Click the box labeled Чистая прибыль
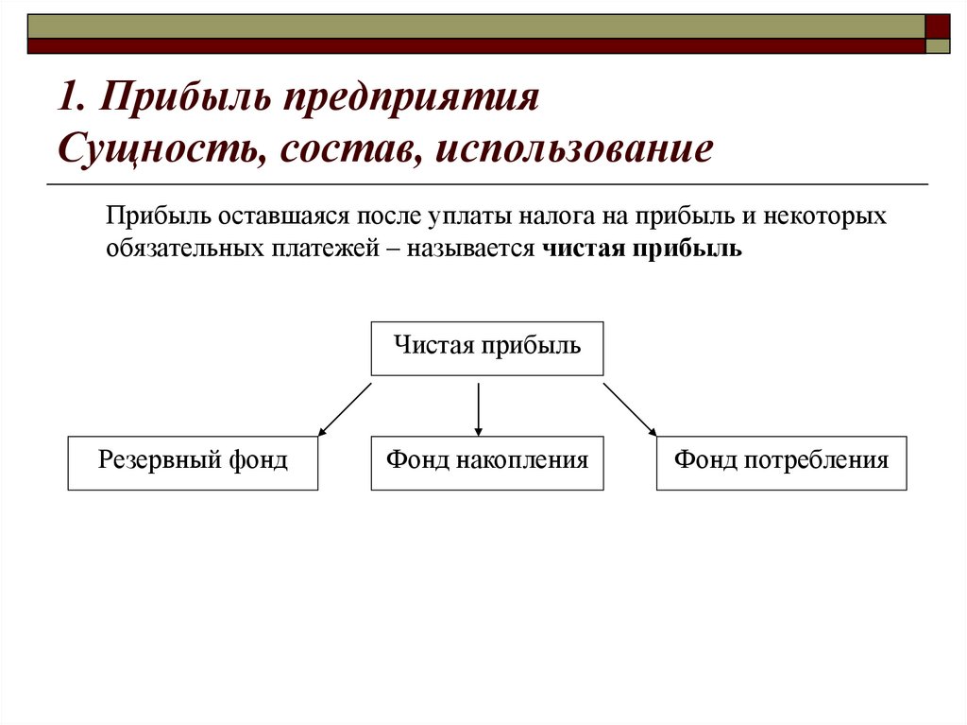coord(486,348)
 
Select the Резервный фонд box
coord(193,462)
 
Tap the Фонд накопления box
coord(486,462)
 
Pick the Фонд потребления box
coord(781,462)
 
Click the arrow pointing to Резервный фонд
coord(345,409)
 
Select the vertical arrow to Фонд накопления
coord(479,409)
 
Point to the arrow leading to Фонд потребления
coord(630,409)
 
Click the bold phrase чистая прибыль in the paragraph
coord(643,250)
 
